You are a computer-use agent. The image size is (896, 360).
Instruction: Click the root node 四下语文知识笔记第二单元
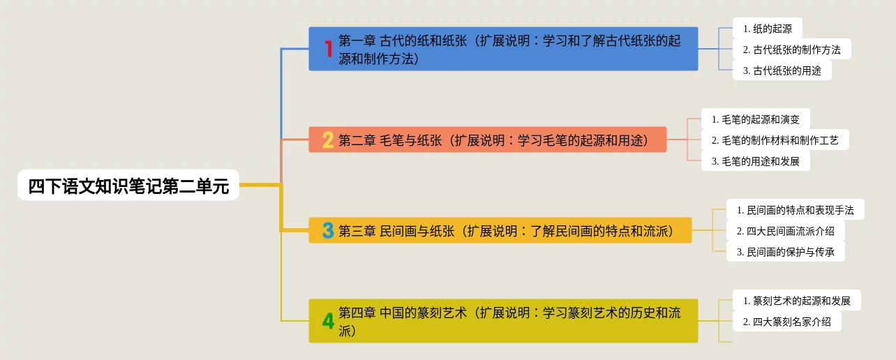coord(128,186)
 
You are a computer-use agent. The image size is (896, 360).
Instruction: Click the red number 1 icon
coord(328,49)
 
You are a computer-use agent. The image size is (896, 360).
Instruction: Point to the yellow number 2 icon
coord(328,140)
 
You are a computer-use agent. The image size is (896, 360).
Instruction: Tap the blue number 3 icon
coord(328,230)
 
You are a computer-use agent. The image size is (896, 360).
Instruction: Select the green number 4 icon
coord(328,321)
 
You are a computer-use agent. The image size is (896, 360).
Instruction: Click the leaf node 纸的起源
coord(767,29)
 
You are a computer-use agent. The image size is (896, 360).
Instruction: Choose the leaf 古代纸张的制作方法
coord(791,50)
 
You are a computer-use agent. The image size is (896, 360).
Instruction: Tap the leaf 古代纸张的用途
coord(782,70)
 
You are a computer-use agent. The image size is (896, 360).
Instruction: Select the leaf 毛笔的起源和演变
coord(755,119)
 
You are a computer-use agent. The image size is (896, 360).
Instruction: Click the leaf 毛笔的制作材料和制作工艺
coord(775,140)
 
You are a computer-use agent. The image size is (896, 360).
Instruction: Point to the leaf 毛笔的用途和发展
coord(755,161)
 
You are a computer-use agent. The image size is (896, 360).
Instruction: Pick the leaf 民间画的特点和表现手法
coord(795,210)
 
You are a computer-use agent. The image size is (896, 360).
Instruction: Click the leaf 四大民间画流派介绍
coord(785,231)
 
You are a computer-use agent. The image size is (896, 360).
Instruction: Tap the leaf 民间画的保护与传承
coord(785,252)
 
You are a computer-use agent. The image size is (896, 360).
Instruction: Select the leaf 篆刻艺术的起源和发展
coord(796,301)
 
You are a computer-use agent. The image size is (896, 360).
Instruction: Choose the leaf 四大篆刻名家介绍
coord(786,322)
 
